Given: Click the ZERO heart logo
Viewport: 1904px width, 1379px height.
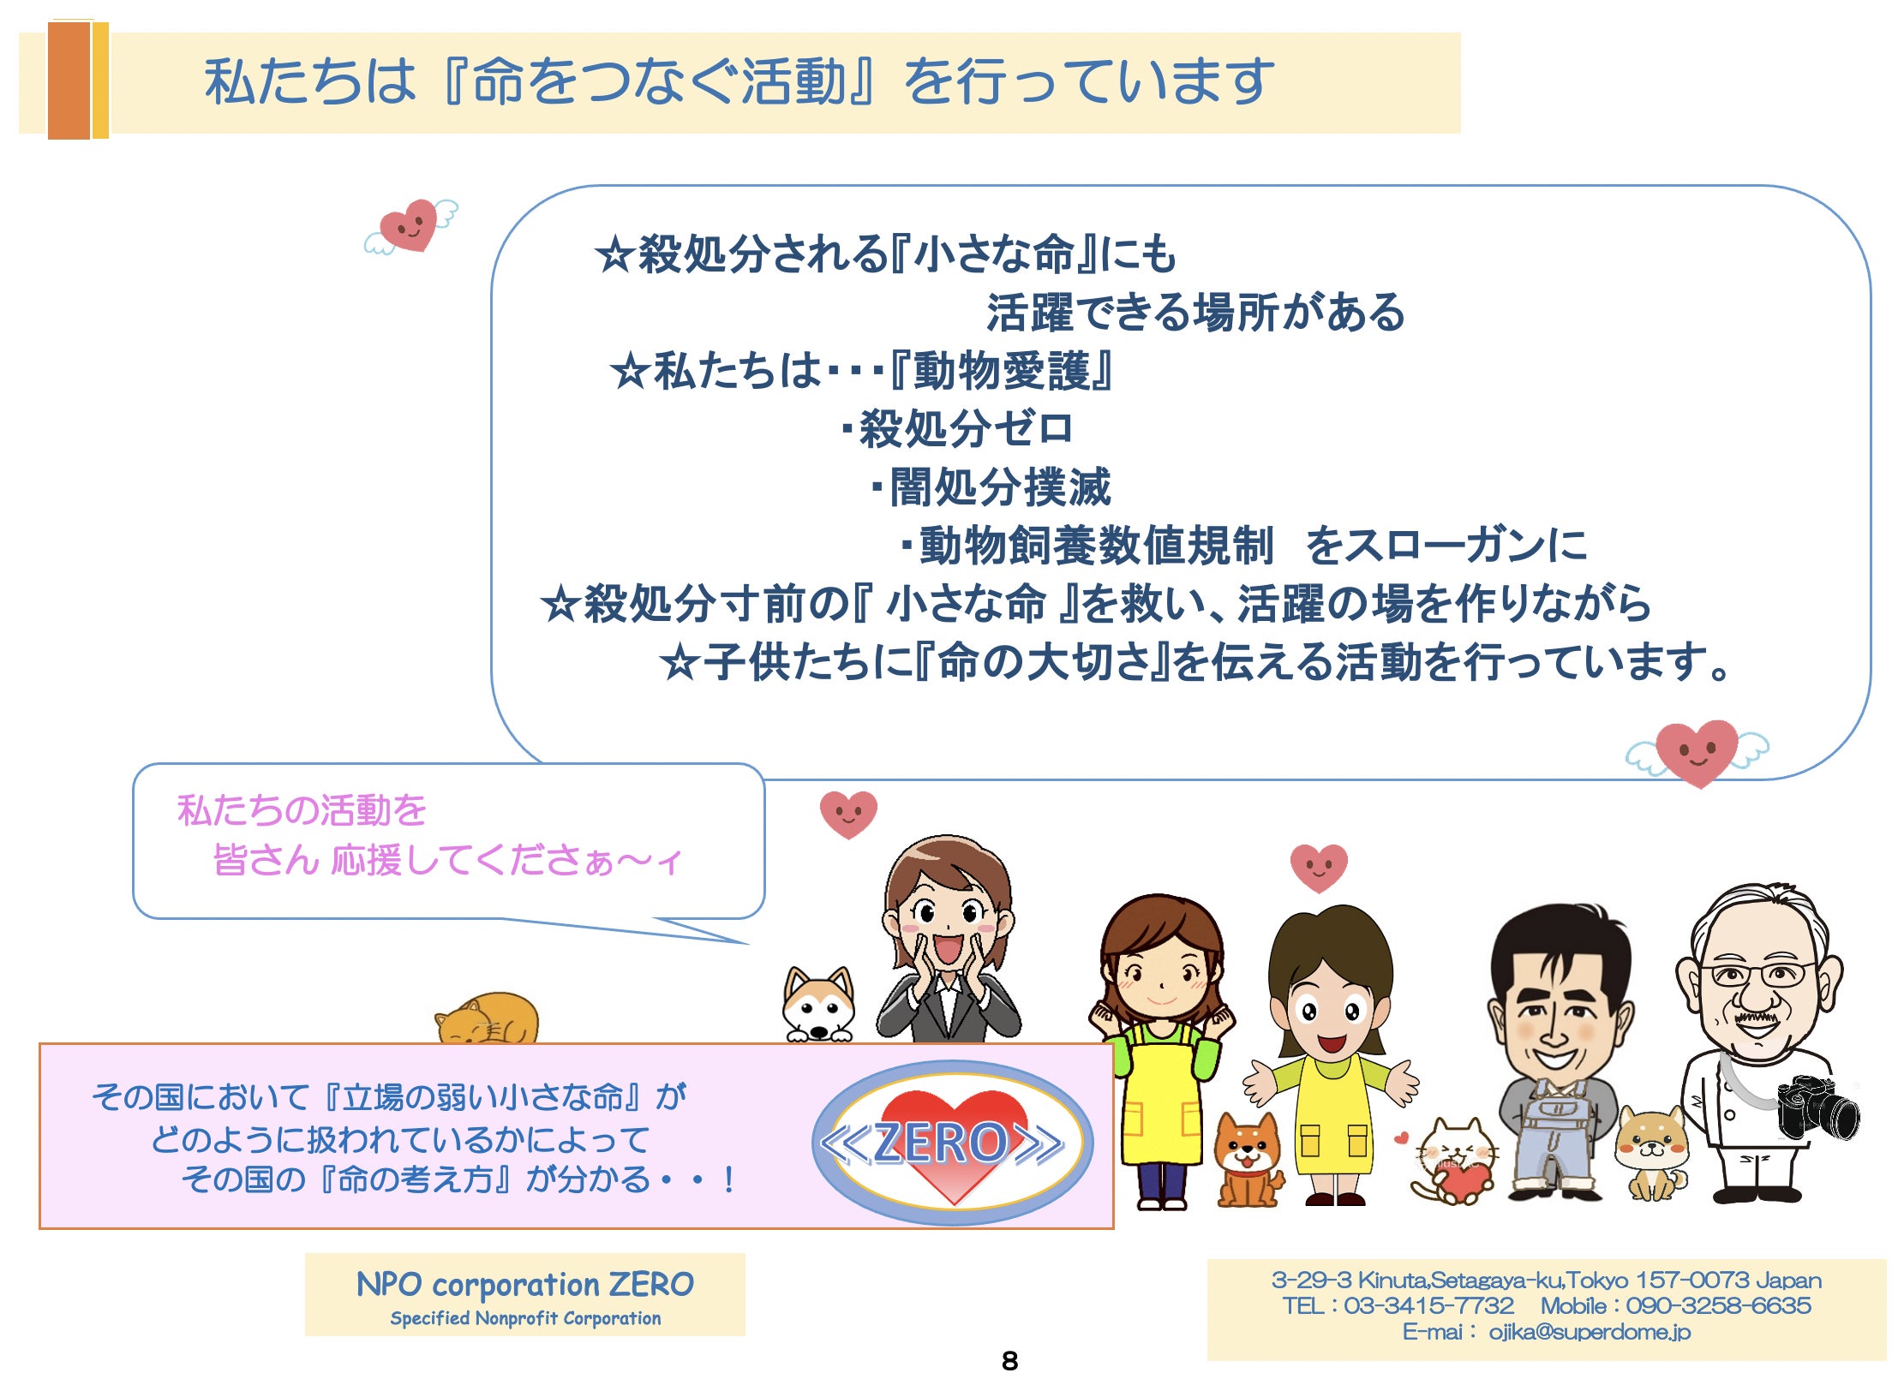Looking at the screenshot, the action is point(952,1143).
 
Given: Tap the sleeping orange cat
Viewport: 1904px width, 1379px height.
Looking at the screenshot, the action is point(487,1018).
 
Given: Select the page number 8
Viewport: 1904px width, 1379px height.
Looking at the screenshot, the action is point(1009,1361).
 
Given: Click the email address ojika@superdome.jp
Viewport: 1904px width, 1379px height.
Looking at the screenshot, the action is point(1590,1332).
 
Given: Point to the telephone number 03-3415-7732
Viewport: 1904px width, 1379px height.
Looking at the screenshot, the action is point(1428,1305).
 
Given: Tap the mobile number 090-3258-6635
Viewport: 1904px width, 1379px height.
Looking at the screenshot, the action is point(1718,1305).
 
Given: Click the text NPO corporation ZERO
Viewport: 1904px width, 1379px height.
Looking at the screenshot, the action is point(524,1284).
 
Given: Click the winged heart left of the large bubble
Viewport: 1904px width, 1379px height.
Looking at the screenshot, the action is point(410,226).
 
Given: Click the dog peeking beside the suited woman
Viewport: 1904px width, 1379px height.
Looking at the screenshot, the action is point(819,1004).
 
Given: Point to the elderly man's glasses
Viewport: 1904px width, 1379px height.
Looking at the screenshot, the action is point(1757,975).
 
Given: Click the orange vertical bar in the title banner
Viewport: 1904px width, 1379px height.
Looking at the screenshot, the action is point(69,81).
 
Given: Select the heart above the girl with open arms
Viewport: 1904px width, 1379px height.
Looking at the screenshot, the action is point(1319,868).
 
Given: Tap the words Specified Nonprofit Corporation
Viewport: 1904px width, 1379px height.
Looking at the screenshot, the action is point(525,1318).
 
